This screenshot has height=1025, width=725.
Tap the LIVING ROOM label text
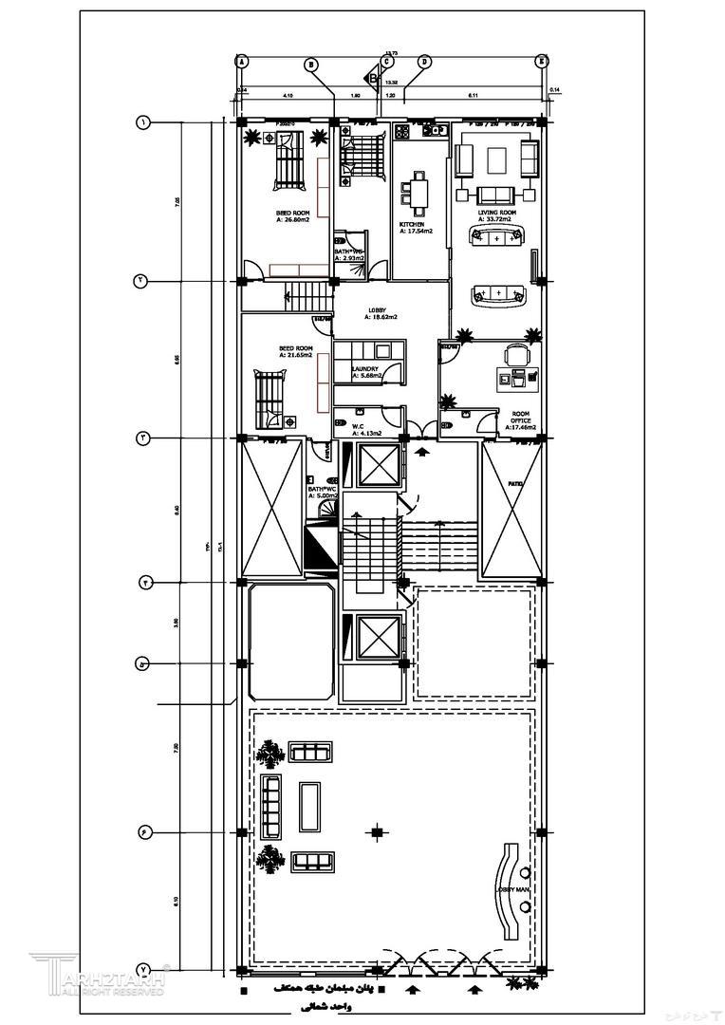click(x=495, y=213)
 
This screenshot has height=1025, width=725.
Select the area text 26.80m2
click(x=293, y=219)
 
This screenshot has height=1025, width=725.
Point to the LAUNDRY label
click(x=365, y=369)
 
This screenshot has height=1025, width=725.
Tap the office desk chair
click(x=514, y=354)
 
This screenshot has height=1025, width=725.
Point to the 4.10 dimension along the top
click(x=287, y=96)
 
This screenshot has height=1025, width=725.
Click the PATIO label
click(x=515, y=485)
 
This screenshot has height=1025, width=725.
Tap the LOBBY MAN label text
click(x=512, y=889)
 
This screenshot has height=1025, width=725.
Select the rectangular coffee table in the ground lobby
click(x=310, y=806)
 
